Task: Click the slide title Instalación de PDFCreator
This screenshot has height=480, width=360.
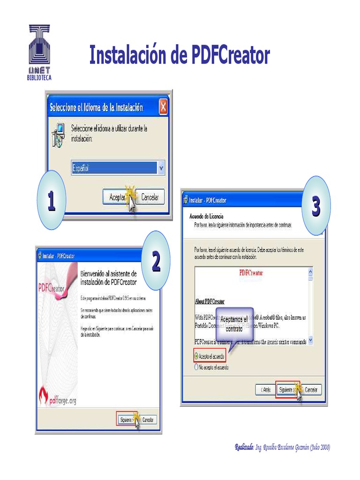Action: [x=180, y=56]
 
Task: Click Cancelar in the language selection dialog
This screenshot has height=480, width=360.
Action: [x=150, y=197]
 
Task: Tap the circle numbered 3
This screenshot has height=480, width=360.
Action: [x=316, y=206]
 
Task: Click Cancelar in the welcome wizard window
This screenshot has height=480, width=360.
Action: [x=148, y=420]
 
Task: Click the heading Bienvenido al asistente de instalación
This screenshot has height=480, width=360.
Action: [x=109, y=277]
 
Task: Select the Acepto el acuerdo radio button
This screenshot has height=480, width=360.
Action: [x=197, y=356]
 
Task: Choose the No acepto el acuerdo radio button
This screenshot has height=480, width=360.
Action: [x=197, y=367]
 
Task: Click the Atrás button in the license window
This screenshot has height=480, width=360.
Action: [x=263, y=390]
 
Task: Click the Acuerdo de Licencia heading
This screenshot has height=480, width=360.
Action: [x=206, y=216]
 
